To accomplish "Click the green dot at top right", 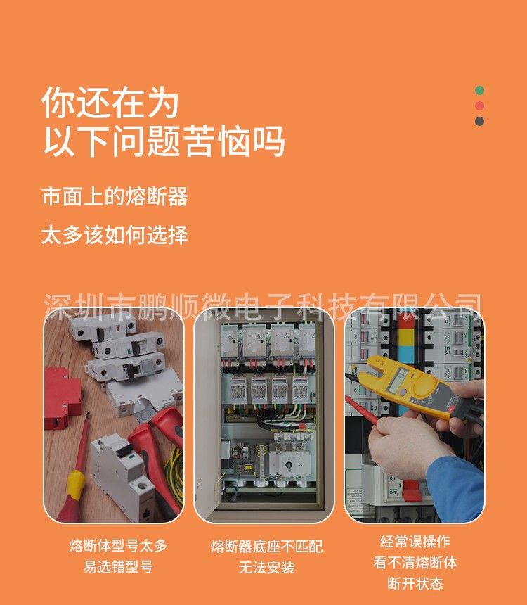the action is [x=479, y=91].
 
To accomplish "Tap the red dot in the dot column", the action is [x=479, y=106].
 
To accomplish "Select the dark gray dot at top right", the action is [x=479, y=121].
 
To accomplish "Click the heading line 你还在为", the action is [x=110, y=103].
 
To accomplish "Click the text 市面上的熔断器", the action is [x=115, y=196].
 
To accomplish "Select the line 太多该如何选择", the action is [x=115, y=234].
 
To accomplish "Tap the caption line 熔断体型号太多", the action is [x=118, y=546].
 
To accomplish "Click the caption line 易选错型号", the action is [x=118, y=566].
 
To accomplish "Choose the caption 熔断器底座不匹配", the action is [x=266, y=547].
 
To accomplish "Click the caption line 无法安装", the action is [x=266, y=567].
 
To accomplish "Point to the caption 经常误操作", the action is [x=415, y=541].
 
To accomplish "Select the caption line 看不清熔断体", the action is [x=415, y=562].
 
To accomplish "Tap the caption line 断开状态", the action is [x=415, y=583].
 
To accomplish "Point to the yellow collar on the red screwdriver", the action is [x=75, y=484].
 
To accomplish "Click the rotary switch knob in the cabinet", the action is [x=289, y=464].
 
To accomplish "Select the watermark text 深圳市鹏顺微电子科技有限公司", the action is [x=263, y=307].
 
